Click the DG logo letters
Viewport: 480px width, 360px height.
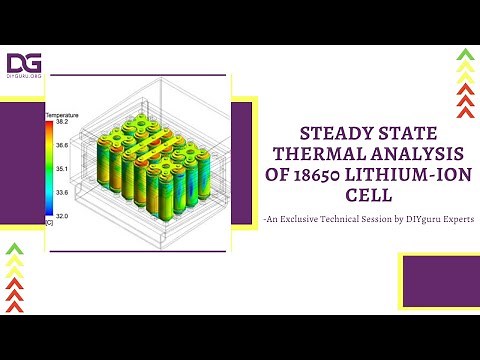click(24, 63)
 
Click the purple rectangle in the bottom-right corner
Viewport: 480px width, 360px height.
click(439, 279)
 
